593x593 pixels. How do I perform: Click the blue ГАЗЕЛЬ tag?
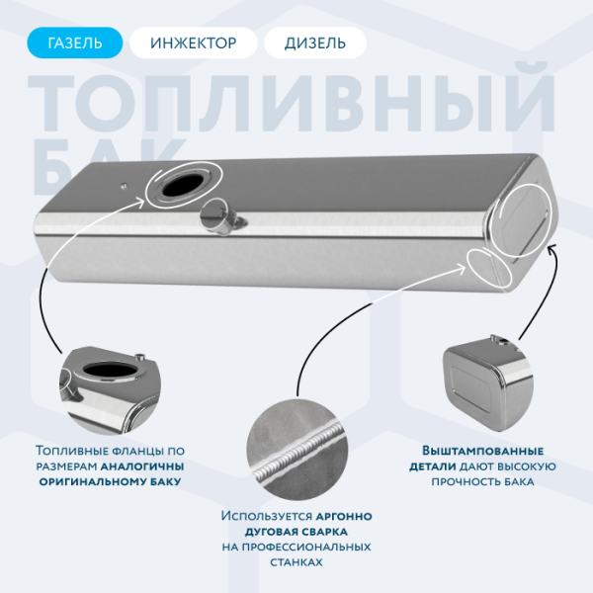click(75, 42)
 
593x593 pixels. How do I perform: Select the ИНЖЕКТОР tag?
click(193, 42)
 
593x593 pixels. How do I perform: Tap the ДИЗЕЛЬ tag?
click(315, 42)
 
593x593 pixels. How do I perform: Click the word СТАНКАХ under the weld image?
click(296, 561)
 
